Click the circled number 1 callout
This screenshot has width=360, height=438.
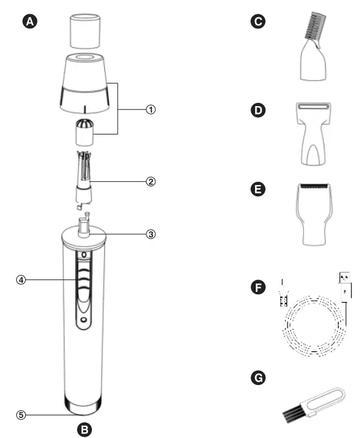tap(150, 109)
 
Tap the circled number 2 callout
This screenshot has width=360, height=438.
tap(150, 181)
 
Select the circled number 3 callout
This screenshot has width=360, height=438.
tap(150, 234)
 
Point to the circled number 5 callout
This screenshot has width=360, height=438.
tap(21, 415)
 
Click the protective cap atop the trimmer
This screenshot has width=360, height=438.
tap(83, 28)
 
